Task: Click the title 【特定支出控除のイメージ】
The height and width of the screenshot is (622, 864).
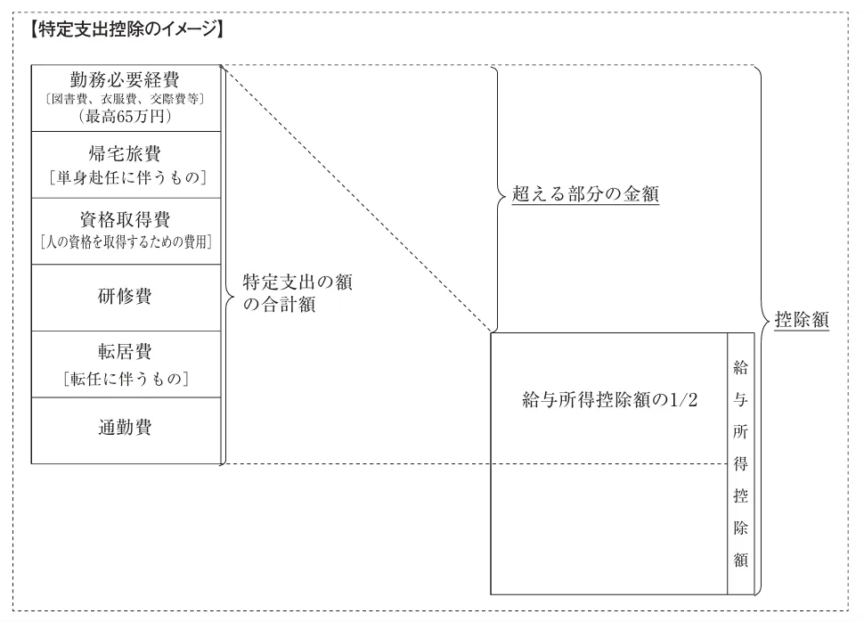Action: [126, 29]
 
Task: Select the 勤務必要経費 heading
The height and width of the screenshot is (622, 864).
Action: [125, 80]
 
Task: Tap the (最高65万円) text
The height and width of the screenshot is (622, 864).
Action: [125, 116]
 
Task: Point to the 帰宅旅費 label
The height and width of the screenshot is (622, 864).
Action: [125, 153]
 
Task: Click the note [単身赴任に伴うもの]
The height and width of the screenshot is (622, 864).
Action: [126, 177]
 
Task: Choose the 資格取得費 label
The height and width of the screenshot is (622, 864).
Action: [125, 219]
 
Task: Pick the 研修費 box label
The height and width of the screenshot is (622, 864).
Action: [125, 296]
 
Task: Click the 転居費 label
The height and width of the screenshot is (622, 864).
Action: [125, 351]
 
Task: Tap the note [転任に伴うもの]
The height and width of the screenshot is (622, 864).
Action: [126, 379]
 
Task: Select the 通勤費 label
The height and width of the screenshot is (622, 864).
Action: [125, 428]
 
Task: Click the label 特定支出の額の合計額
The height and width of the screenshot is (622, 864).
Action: [298, 293]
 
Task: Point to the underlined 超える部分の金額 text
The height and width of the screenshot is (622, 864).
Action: [585, 194]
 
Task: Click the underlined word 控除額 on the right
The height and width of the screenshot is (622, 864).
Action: [802, 320]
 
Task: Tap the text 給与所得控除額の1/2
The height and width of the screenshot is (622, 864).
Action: [610, 399]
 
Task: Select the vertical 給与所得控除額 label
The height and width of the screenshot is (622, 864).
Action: [740, 463]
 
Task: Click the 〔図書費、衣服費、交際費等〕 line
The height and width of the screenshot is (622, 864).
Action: [125, 99]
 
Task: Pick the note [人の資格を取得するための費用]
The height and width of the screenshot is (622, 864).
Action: [126, 241]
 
